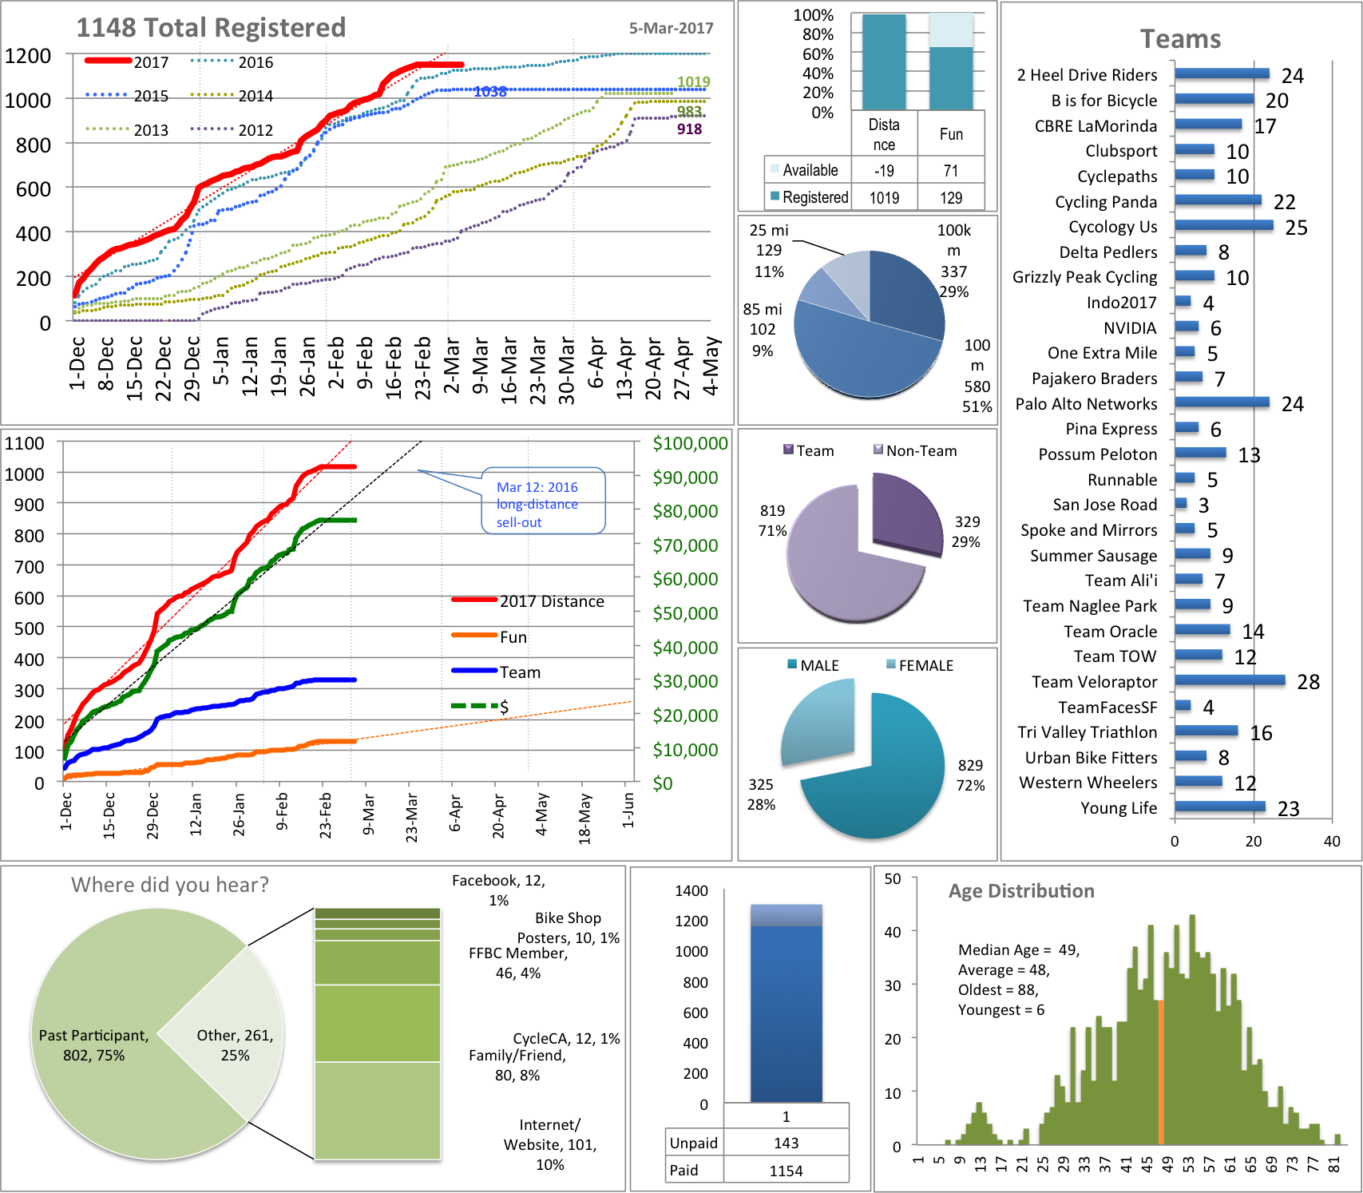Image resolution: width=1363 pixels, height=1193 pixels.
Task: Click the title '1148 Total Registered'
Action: [x=211, y=28]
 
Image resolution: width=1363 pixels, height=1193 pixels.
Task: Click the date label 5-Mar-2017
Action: [x=671, y=29]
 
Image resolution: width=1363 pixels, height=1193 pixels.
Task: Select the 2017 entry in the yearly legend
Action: [x=128, y=62]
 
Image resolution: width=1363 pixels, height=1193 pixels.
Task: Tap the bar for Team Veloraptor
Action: [x=1230, y=681]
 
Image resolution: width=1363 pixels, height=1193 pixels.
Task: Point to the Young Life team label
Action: [x=1118, y=808]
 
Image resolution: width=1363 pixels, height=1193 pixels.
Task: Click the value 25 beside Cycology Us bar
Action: [x=1296, y=228]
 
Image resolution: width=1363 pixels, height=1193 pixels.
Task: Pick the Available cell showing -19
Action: [x=884, y=171]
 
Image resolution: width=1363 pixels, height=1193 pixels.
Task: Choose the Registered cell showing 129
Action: [x=950, y=198]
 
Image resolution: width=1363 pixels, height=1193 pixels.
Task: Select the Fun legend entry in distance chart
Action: [x=495, y=637]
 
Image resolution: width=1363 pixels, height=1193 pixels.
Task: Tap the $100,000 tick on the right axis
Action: [x=690, y=444]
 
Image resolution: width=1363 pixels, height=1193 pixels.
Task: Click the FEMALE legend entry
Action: [x=920, y=665]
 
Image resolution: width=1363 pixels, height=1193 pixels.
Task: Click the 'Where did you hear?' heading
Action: [x=170, y=885]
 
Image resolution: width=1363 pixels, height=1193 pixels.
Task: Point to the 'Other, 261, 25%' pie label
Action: [x=235, y=1045]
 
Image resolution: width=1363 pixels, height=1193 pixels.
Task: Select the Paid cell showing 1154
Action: [x=786, y=1171]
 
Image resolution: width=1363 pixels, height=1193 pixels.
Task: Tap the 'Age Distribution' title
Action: [x=1021, y=891]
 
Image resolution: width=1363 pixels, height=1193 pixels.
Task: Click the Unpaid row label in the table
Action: [x=694, y=1143]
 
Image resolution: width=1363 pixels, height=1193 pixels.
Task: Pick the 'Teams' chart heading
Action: [x=1180, y=39]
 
